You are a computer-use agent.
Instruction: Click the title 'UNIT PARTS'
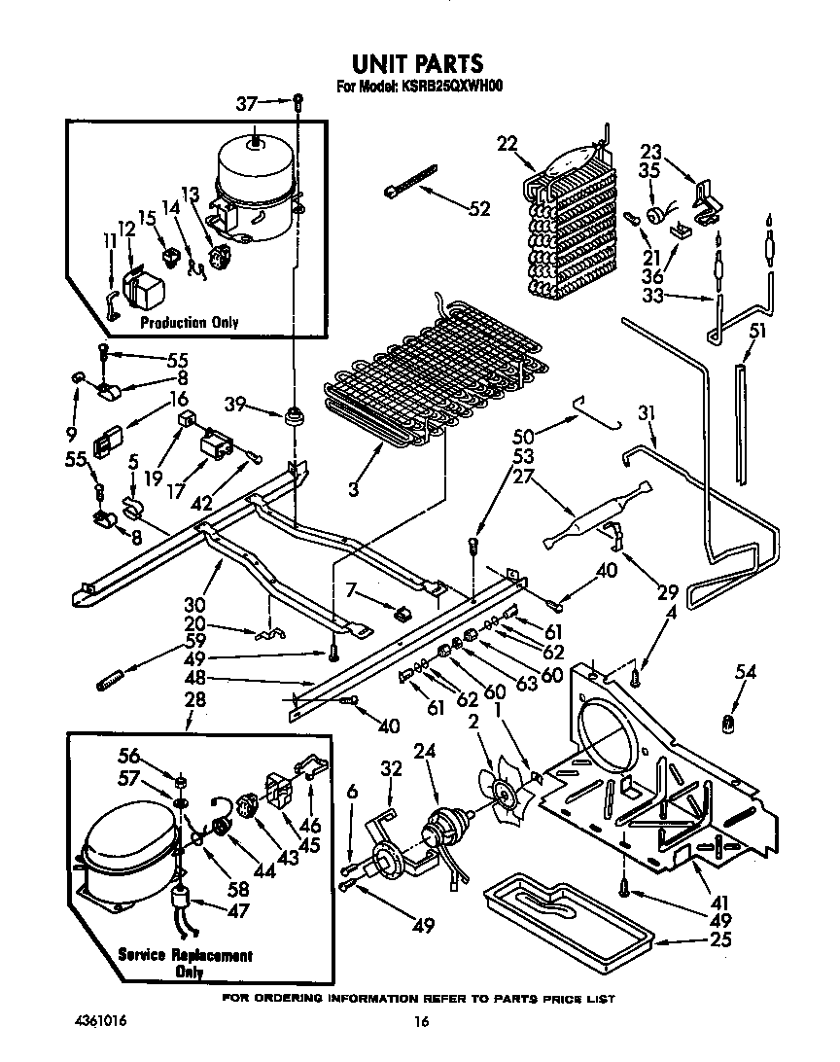(416, 64)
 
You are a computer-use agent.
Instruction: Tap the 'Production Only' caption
(189, 322)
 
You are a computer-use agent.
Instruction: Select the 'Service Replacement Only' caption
(185, 963)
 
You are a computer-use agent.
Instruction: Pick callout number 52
(479, 207)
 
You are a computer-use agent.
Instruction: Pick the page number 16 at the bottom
(420, 1021)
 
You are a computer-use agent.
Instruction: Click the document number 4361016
(101, 1020)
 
